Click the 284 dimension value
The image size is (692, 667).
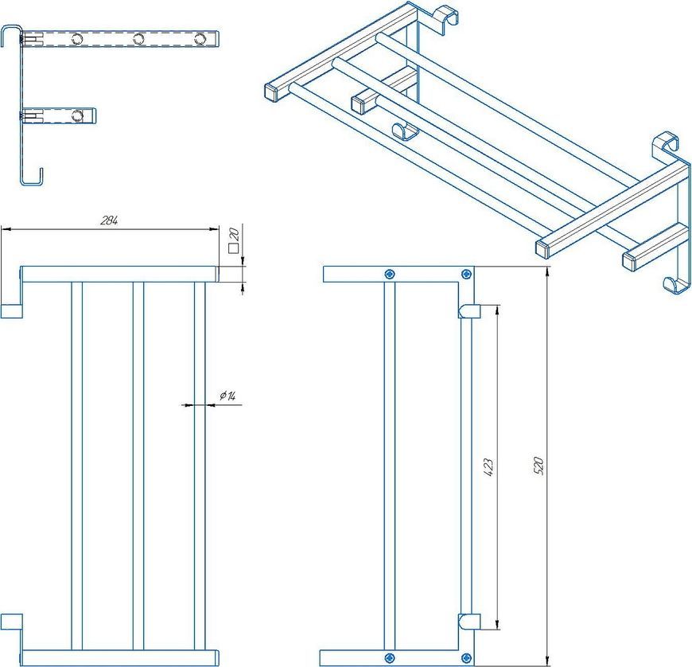tap(109, 220)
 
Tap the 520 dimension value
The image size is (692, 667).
tap(538, 466)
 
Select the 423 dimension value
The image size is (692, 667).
tap(488, 467)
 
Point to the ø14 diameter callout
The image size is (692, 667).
tap(227, 396)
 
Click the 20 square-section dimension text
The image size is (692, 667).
tap(234, 233)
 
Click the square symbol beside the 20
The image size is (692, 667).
tap(234, 248)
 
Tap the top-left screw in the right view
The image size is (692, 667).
tap(389, 275)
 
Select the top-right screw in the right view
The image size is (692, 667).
tap(466, 275)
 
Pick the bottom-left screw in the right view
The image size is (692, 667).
tap(389, 657)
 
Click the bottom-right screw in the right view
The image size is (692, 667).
tap(466, 658)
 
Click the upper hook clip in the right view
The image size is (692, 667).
tap(468, 311)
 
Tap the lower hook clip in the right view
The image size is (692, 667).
tap(468, 621)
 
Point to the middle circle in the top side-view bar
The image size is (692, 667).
tap(138, 39)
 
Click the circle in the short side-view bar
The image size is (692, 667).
tap(77, 115)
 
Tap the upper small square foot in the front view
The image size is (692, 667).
tap(11, 311)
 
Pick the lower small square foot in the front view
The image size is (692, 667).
tap(11, 621)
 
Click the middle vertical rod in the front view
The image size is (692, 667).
tap(138, 466)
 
